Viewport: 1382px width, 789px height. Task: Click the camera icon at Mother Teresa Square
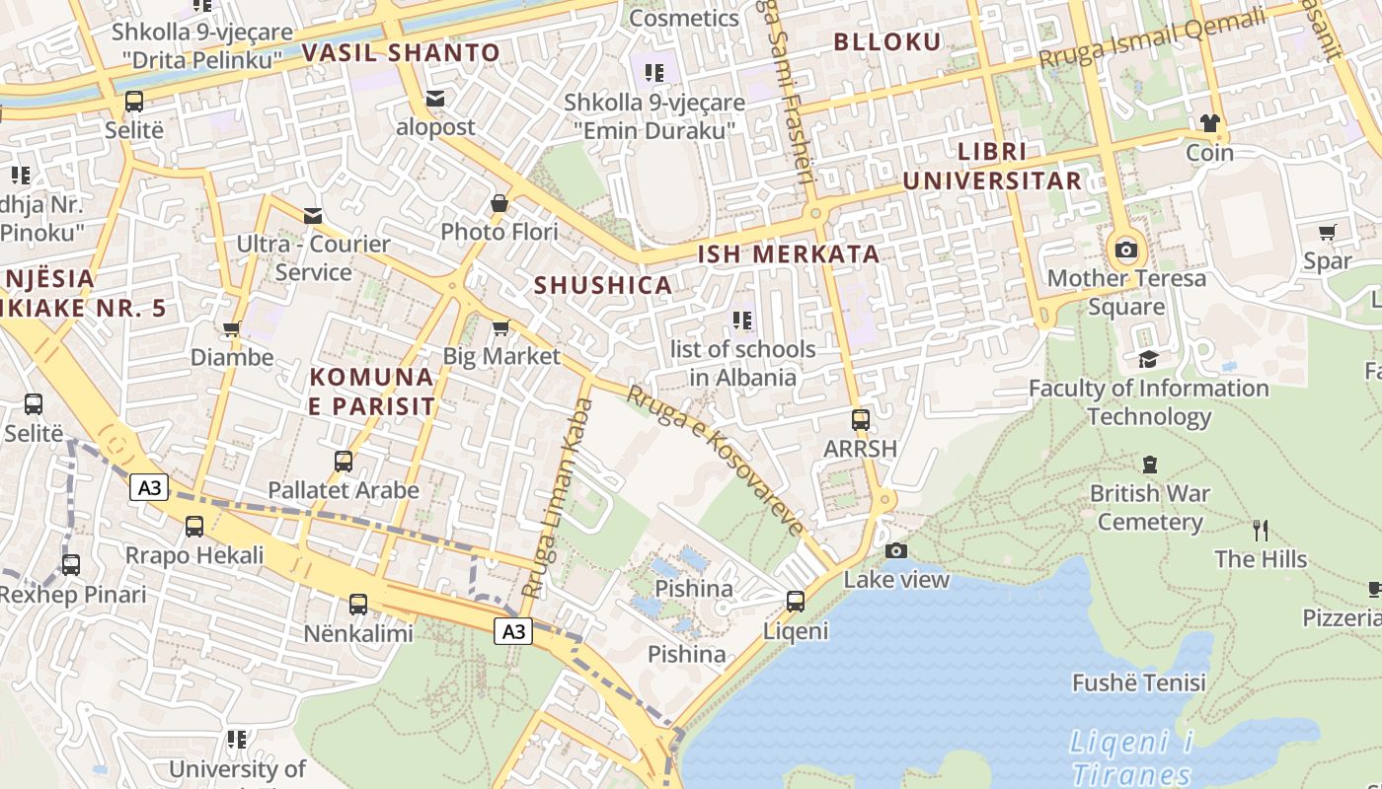(1125, 250)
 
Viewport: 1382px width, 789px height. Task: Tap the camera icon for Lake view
(896, 550)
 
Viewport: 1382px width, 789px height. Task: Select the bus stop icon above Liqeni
(796, 601)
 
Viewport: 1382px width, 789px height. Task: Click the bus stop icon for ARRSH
(861, 419)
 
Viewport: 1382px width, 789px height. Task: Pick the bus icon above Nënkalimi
(357, 604)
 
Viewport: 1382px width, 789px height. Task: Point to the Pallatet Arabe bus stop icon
(344, 461)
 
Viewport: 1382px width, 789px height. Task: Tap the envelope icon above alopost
(435, 99)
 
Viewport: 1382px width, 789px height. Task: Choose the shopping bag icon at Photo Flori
(499, 203)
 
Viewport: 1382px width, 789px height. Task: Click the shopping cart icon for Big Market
(500, 327)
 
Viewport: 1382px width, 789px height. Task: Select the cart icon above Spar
(1328, 233)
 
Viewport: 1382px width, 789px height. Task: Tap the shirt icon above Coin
(1209, 123)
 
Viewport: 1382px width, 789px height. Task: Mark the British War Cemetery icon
(1149, 464)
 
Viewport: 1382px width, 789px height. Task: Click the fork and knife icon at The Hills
(1261, 531)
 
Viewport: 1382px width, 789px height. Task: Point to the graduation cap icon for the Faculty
(1148, 359)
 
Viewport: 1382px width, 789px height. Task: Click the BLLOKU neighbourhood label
(887, 41)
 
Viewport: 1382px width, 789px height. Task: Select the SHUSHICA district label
(602, 285)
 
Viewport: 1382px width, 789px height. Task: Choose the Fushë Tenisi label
(1139, 681)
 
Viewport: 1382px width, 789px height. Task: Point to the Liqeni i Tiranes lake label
(1132, 757)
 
